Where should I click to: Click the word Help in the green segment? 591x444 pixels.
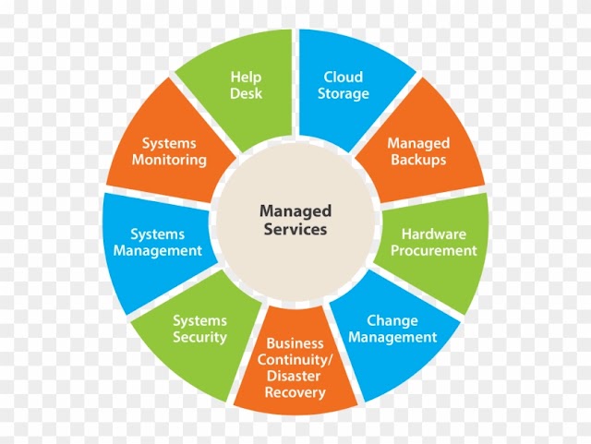pyautogui.click(x=246, y=78)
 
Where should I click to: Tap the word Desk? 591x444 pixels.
pyautogui.click(x=246, y=93)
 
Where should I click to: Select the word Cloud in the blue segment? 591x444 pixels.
pyautogui.click(x=343, y=77)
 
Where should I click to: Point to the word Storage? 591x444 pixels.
pyautogui.click(x=343, y=94)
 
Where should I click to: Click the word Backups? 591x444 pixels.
pyautogui.click(x=418, y=160)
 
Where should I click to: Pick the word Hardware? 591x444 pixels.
pyautogui.click(x=434, y=234)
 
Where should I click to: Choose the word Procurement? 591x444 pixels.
pyautogui.click(x=434, y=250)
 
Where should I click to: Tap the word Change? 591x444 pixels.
pyautogui.click(x=392, y=321)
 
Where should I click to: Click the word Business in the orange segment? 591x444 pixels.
pyautogui.click(x=295, y=343)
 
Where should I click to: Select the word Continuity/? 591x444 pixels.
pyautogui.click(x=295, y=360)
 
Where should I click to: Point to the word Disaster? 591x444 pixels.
pyautogui.click(x=294, y=376)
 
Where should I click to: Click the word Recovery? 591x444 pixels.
pyautogui.click(x=295, y=392)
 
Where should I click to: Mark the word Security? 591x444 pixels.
pyautogui.click(x=199, y=337)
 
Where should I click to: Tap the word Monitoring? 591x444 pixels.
pyautogui.click(x=169, y=160)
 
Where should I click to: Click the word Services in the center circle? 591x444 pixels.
pyautogui.click(x=295, y=229)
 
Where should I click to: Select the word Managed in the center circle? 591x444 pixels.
pyautogui.click(x=295, y=211)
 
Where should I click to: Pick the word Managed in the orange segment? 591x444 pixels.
pyautogui.click(x=418, y=144)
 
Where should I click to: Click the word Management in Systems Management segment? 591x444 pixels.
pyautogui.click(x=158, y=251)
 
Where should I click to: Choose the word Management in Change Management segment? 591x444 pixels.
pyautogui.click(x=392, y=338)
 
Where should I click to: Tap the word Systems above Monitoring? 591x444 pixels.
pyautogui.click(x=169, y=144)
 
